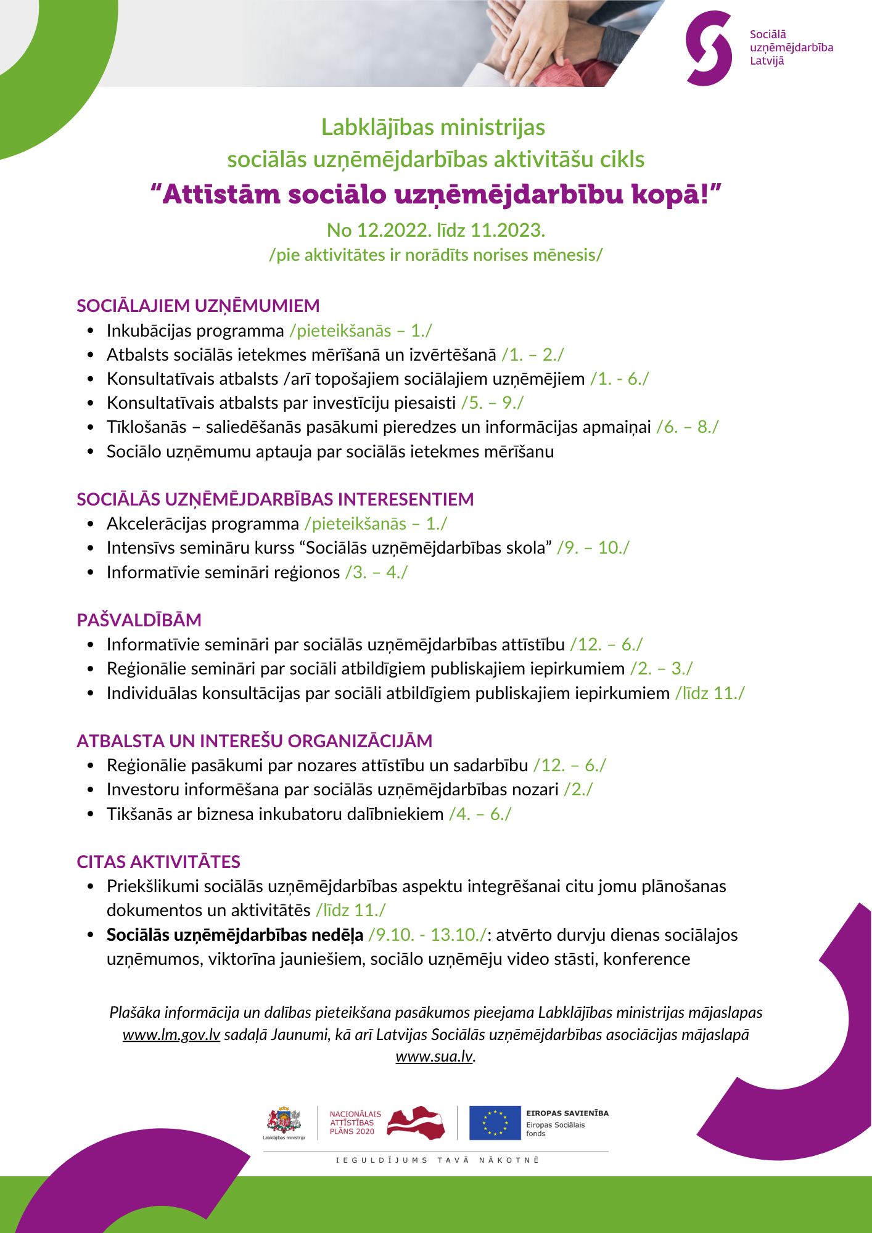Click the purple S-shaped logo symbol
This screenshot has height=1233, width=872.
pos(709,48)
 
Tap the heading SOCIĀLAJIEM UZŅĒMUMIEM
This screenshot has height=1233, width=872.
pos(198,306)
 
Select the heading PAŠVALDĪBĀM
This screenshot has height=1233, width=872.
pos(139,620)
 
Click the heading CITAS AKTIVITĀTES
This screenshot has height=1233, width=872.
pos(158,862)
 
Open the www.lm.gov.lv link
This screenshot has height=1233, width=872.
pos(171,1034)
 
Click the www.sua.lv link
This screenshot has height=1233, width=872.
pos(434,1056)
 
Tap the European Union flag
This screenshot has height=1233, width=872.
pos(495,1122)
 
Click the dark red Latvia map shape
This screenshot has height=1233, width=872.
pos(416,1121)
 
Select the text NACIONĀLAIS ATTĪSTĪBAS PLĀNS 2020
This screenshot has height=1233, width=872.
pos(355,1123)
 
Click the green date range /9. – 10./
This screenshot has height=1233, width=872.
pos(593,548)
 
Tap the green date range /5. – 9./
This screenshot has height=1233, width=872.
pos(492,403)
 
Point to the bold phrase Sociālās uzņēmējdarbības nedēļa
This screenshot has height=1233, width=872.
pos(235,935)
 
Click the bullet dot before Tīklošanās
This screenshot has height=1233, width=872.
pos(91,427)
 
